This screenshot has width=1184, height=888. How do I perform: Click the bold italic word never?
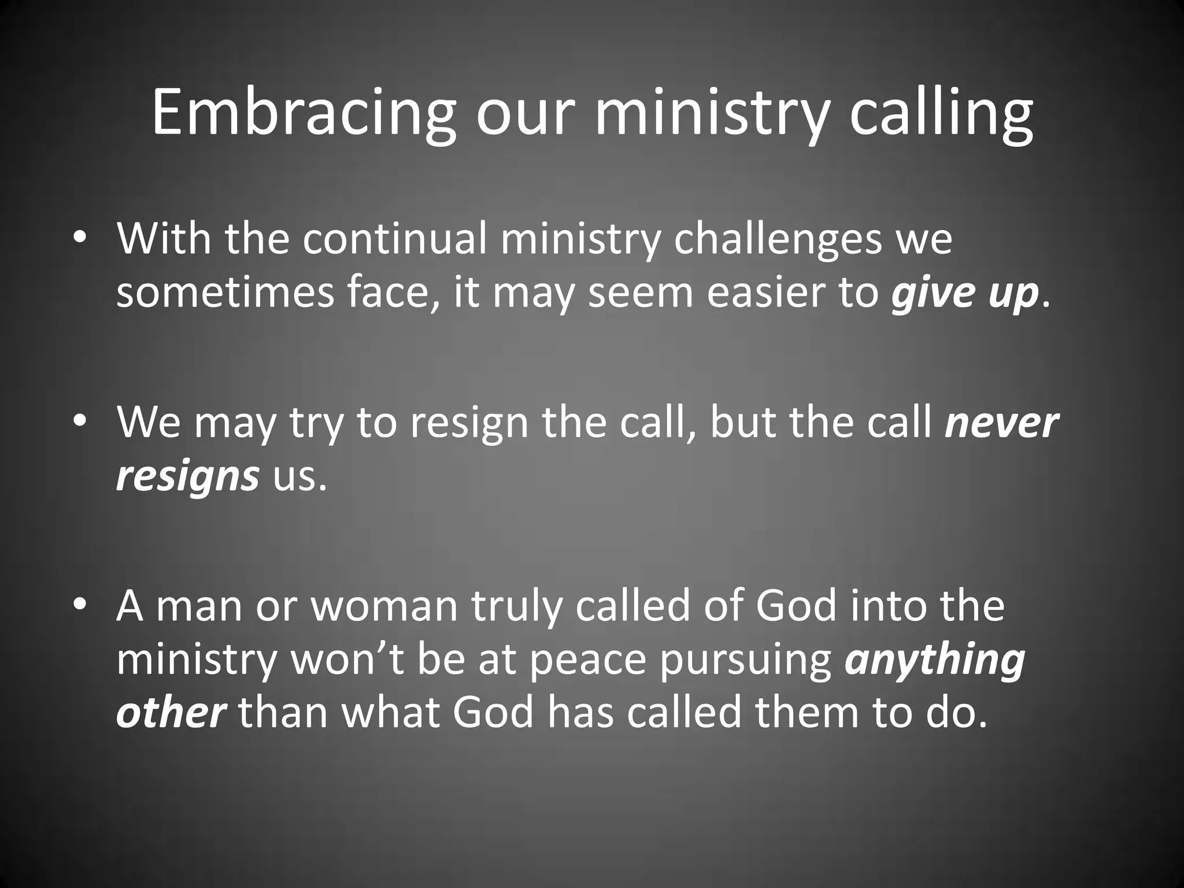pos(1001,423)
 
